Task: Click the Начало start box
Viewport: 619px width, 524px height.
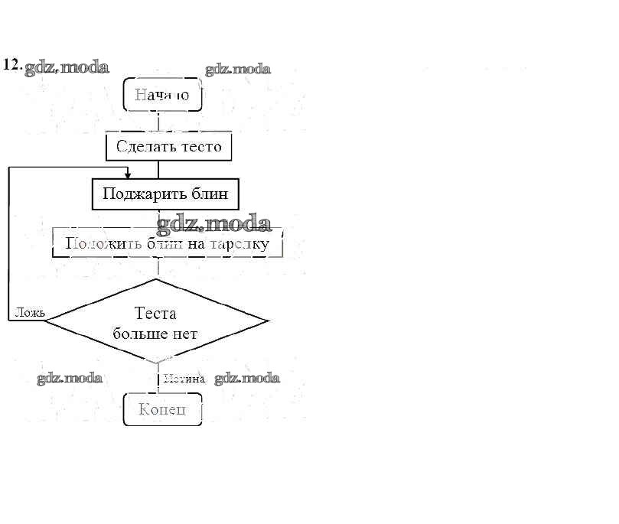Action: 161,95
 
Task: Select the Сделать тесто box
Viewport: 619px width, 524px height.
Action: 168,146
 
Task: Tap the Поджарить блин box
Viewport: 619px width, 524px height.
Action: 165,194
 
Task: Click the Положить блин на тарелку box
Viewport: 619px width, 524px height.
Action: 167,244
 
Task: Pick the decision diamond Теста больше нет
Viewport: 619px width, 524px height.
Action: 156,321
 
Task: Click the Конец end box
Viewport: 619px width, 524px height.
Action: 162,409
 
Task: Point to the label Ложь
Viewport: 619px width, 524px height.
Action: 30,312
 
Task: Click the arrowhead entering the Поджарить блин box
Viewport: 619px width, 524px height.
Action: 128,176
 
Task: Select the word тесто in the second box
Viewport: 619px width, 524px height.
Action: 201,146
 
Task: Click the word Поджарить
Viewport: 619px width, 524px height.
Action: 140,194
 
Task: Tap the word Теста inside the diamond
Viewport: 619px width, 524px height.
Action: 155,313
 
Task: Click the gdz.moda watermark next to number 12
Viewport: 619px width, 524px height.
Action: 67,67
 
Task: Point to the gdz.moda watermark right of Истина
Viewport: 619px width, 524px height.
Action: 246,378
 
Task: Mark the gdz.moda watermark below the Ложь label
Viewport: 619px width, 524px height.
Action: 70,378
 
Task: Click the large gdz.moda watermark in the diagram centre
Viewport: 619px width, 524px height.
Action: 214,224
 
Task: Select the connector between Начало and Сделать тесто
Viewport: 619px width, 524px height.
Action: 158,122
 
